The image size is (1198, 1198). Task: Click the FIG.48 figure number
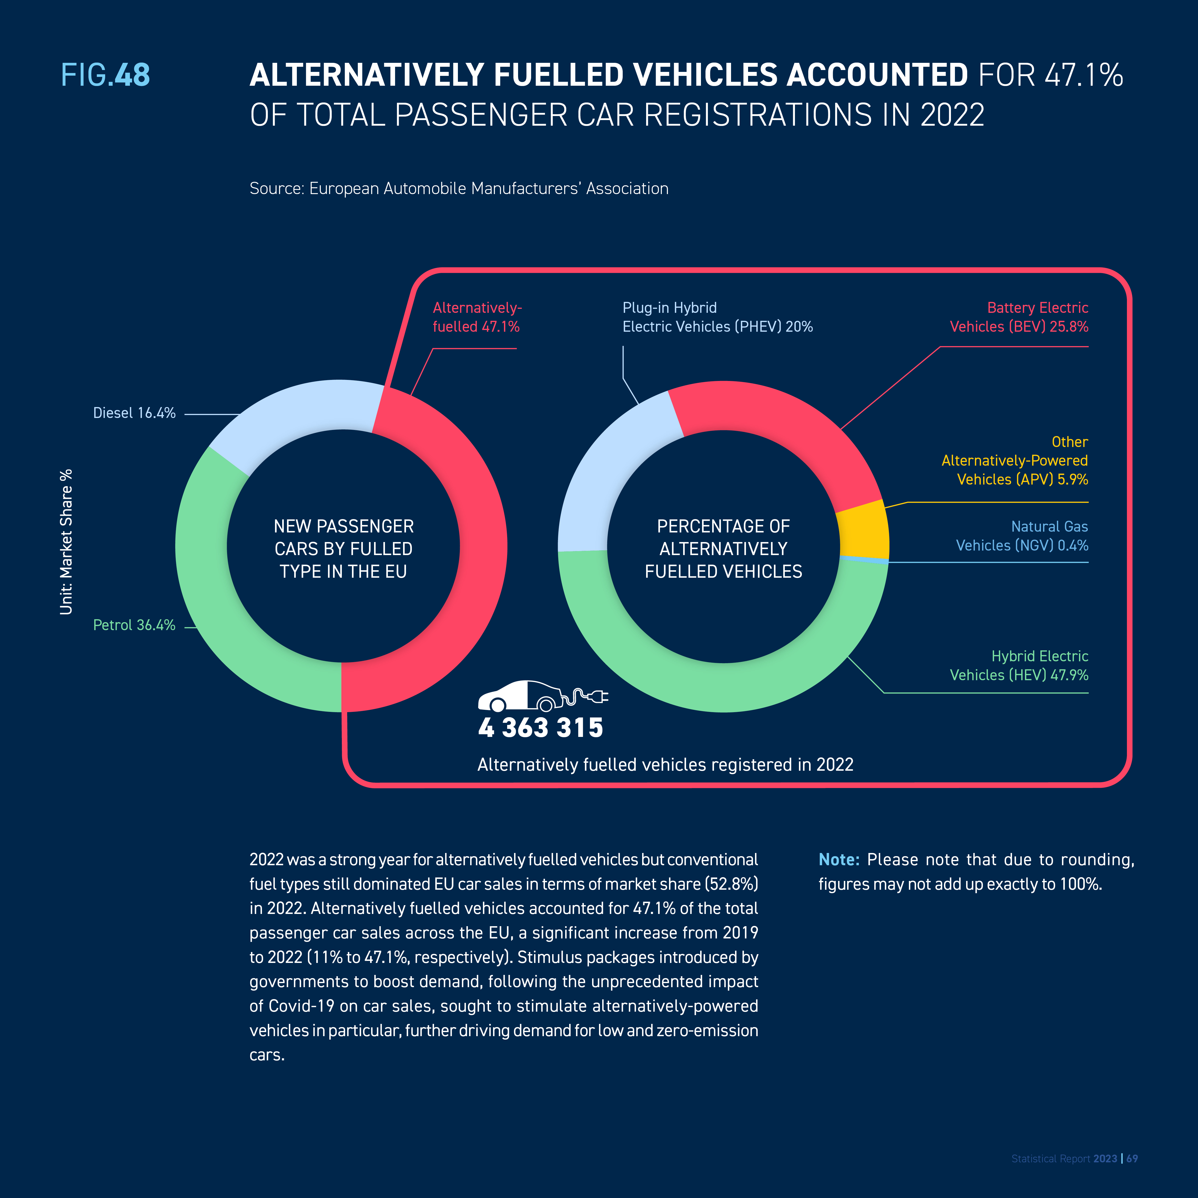tap(105, 75)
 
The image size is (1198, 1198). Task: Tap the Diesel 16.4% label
tap(134, 413)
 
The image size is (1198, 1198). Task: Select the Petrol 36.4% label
tap(134, 625)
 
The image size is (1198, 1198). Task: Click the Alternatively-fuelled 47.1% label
tap(477, 317)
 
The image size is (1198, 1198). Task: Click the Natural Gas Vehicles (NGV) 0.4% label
tap(1022, 536)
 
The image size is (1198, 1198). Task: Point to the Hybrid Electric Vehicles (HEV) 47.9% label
tap(1019, 665)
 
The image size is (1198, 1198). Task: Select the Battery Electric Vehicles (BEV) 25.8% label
tap(1019, 317)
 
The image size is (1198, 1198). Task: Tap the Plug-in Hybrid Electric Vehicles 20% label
tap(717, 317)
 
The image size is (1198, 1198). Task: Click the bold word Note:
tap(839, 859)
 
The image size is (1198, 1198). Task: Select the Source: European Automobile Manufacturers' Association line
tap(459, 188)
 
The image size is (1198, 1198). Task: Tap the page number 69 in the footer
tap(1132, 1158)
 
